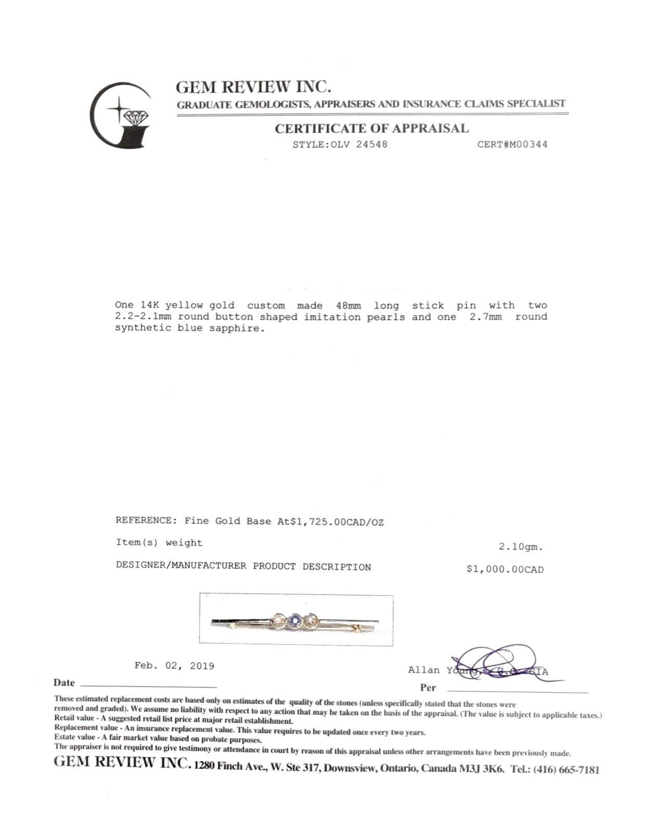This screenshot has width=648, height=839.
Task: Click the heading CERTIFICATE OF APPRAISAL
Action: (372, 128)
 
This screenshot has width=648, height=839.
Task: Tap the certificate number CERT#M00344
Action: (512, 145)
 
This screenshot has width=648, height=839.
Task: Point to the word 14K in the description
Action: (150, 306)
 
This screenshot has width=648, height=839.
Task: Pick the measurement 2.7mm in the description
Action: (486, 317)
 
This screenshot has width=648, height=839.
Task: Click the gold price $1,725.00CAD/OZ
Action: (337, 522)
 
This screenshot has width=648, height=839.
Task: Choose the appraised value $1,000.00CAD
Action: (505, 570)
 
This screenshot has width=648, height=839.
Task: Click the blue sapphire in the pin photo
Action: (295, 620)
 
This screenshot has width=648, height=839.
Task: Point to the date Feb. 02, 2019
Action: (174, 666)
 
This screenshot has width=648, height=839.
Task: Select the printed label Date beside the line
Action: (64, 683)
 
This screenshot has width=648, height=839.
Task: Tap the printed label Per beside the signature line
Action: (428, 688)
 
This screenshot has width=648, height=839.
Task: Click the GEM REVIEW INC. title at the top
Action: (253, 86)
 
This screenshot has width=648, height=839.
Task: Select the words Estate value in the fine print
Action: (74, 737)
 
